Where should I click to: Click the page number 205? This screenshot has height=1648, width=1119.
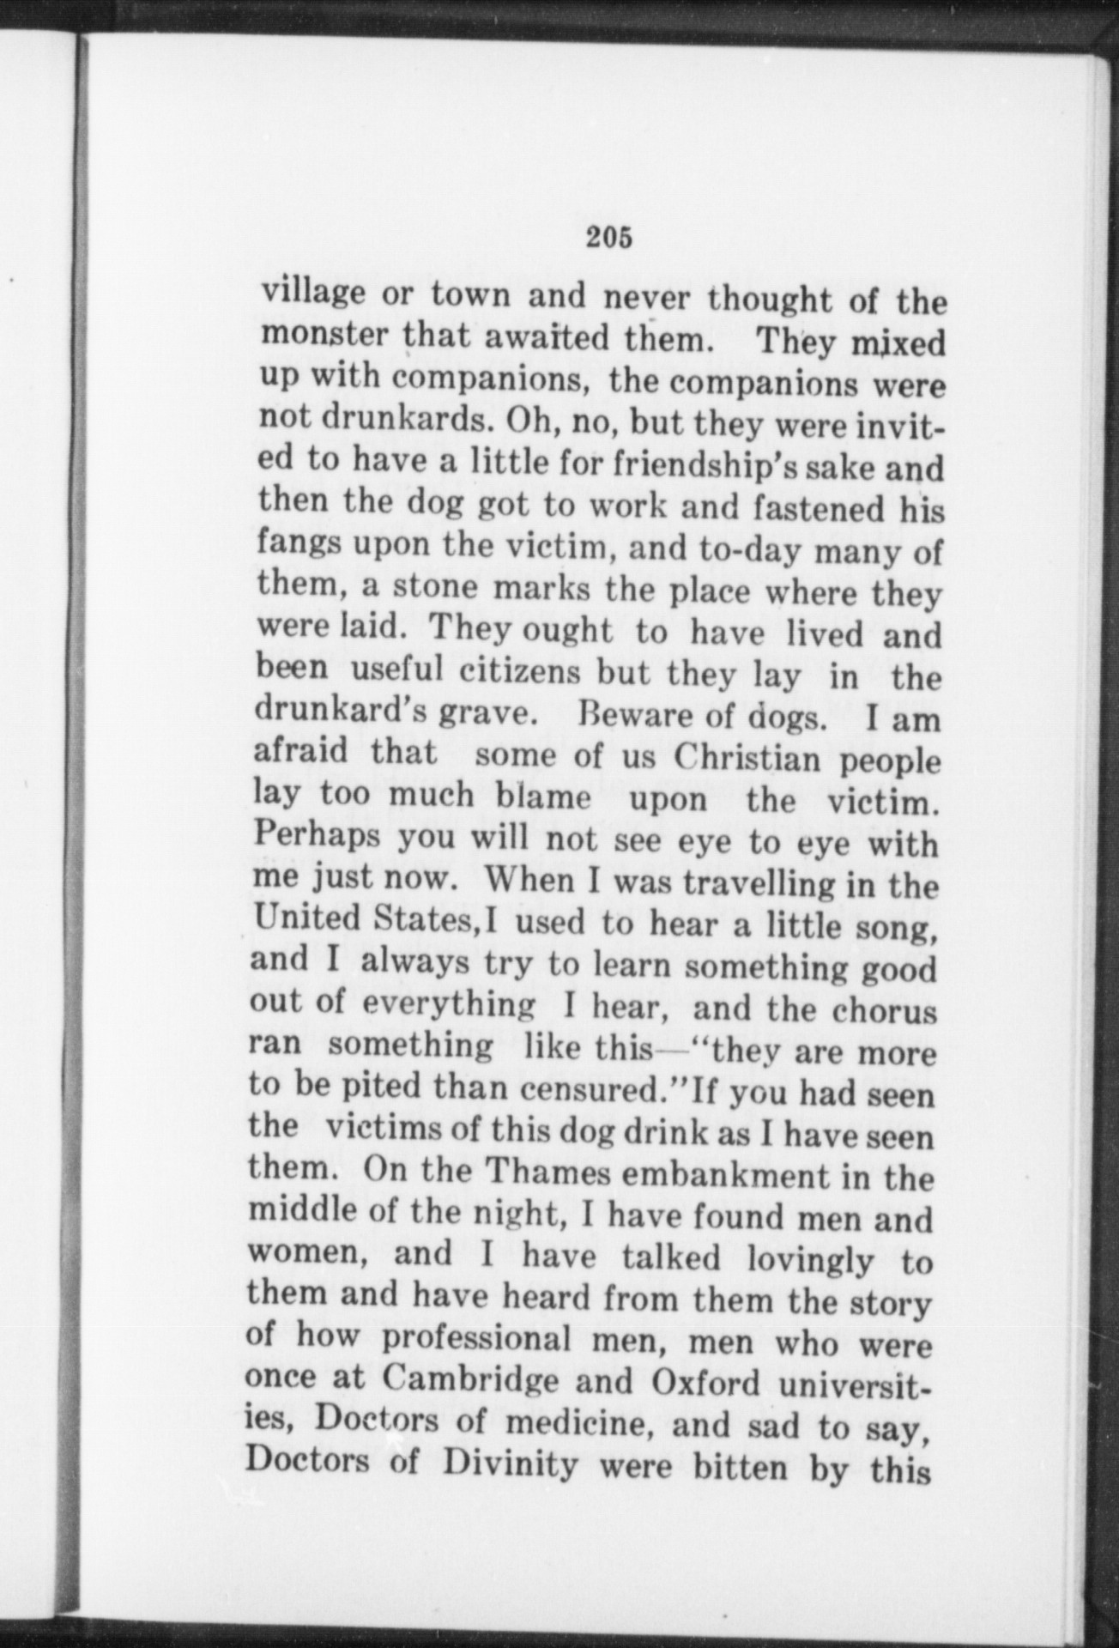tap(609, 237)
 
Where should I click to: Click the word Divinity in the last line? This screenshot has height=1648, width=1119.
tap(511, 1463)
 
